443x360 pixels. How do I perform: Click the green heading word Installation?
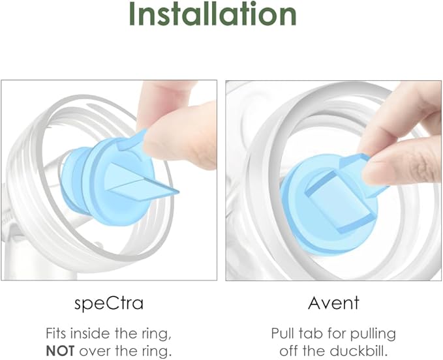pos(213,14)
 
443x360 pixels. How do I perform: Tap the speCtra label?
pos(109,303)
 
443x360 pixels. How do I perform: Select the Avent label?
pos(333,303)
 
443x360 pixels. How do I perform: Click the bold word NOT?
pos(60,351)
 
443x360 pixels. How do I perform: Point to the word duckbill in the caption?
pos(359,351)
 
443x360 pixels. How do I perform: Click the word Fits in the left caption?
pos(56,333)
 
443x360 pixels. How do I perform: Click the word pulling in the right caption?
pos(373,335)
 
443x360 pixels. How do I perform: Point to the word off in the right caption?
pos(288,351)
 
